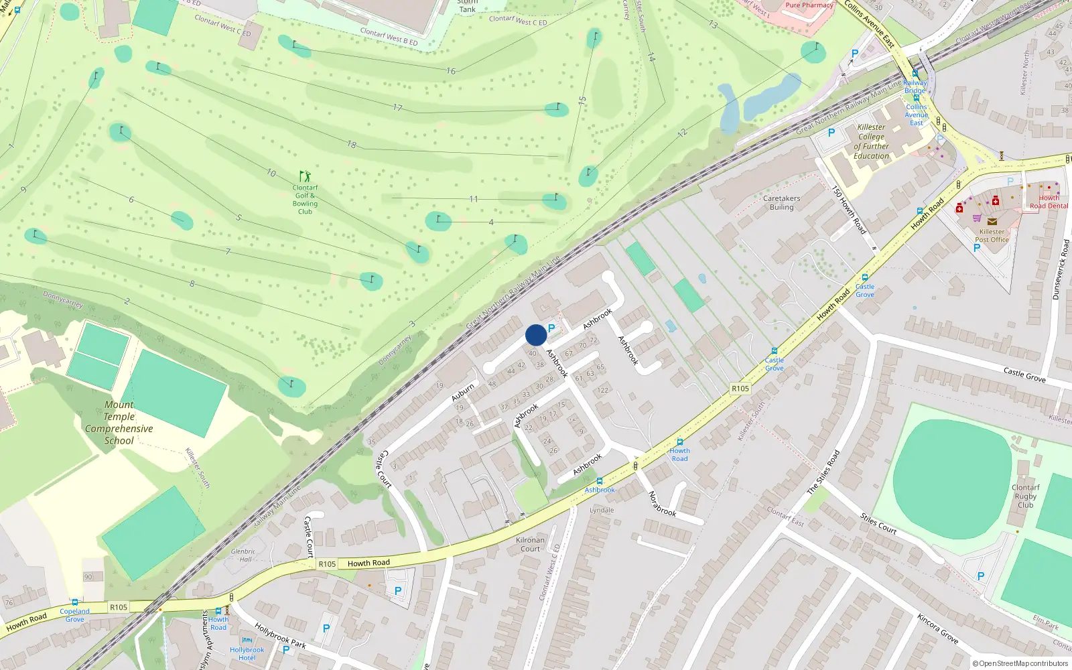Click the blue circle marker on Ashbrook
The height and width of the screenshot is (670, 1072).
pyautogui.click(x=535, y=335)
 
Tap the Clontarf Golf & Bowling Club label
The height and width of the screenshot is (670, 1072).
pyautogui.click(x=305, y=200)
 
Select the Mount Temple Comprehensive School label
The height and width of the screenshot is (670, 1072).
pyautogui.click(x=119, y=423)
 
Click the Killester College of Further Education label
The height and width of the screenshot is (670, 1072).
pyautogui.click(x=871, y=141)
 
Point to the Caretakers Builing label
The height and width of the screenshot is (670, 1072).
pyautogui.click(x=781, y=203)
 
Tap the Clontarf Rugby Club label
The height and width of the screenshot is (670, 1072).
pyautogui.click(x=1025, y=496)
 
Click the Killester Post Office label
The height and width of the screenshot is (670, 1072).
pyautogui.click(x=992, y=235)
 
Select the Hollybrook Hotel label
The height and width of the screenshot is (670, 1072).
pyautogui.click(x=247, y=653)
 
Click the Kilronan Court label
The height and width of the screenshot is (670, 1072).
pyautogui.click(x=530, y=544)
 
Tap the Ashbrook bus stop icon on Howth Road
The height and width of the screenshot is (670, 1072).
pyautogui.click(x=599, y=480)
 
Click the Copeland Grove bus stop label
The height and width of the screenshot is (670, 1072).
pyautogui.click(x=74, y=614)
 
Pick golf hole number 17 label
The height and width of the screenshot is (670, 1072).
pyautogui.click(x=397, y=107)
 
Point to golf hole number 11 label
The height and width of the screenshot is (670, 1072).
pyautogui.click(x=474, y=199)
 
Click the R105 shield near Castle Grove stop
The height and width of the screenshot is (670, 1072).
pyautogui.click(x=740, y=389)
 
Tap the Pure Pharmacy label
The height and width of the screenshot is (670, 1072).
pyautogui.click(x=809, y=5)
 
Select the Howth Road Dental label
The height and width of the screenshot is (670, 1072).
pyautogui.click(x=1049, y=202)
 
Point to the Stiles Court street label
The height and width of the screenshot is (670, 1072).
pyautogui.click(x=878, y=523)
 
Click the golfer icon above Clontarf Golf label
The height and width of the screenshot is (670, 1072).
pyautogui.click(x=305, y=176)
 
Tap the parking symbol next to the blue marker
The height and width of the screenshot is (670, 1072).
pyautogui.click(x=551, y=328)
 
